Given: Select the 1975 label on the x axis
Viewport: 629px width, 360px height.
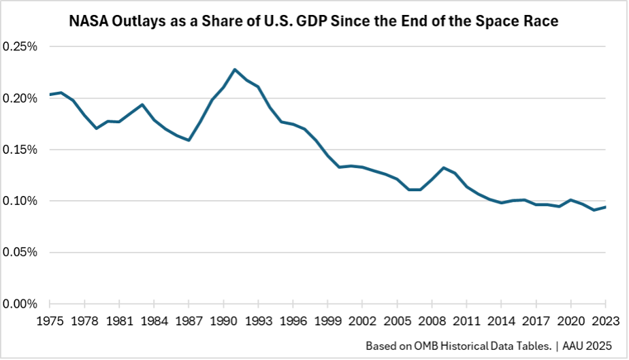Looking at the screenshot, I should point(50,319).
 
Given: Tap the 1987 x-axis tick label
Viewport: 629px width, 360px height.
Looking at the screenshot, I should point(188,319).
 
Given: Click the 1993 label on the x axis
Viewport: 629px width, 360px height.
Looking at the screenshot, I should point(258,319).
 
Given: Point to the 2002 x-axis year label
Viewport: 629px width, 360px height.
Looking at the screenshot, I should point(362,319).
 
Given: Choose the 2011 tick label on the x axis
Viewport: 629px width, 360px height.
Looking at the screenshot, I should point(467,319).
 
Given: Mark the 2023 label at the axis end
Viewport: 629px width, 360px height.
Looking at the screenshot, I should point(605,319).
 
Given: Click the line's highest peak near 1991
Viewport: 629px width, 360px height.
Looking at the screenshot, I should point(235,69).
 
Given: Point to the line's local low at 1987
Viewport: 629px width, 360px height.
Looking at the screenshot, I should point(189,140).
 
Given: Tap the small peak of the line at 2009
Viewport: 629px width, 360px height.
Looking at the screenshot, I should point(444,167).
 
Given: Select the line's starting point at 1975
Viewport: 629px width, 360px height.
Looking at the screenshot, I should point(50,95).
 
